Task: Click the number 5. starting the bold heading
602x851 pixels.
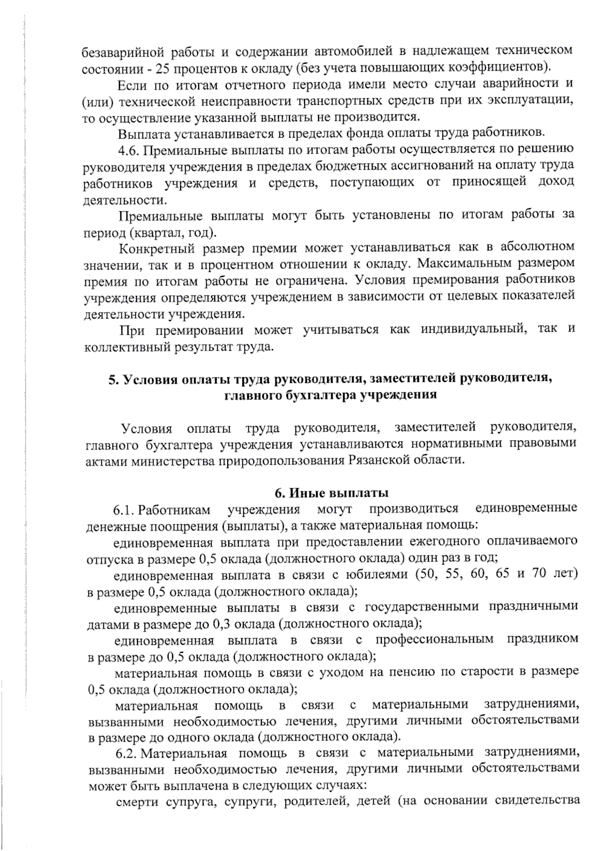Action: click(x=113, y=378)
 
